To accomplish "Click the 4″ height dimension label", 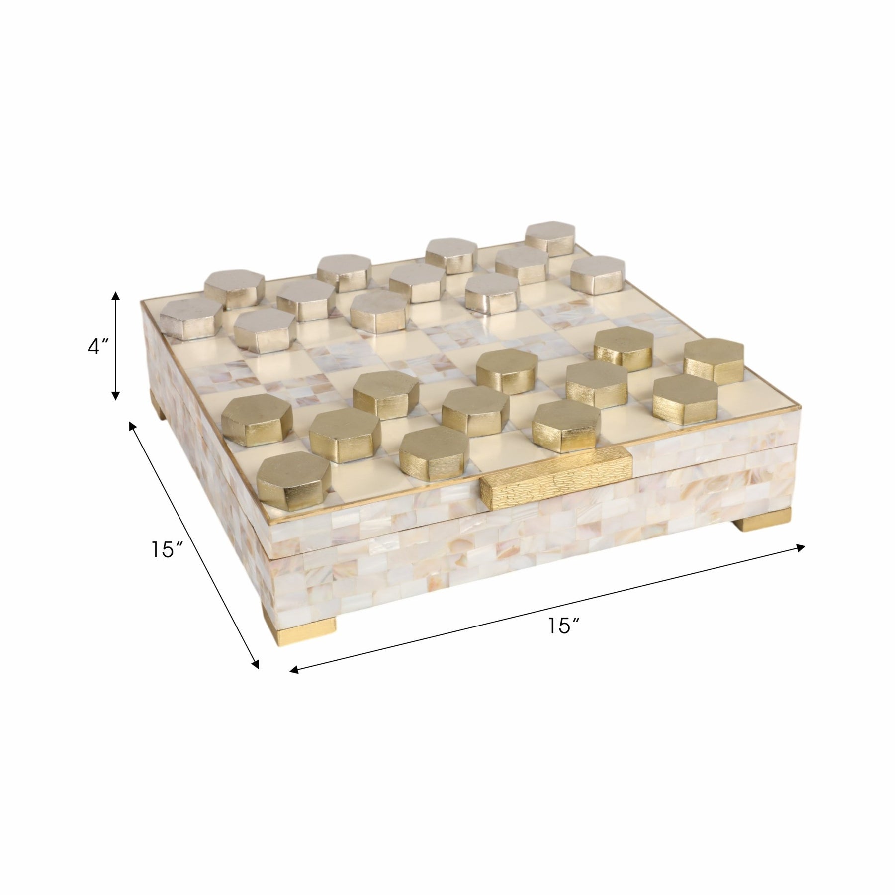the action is click(97, 347).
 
